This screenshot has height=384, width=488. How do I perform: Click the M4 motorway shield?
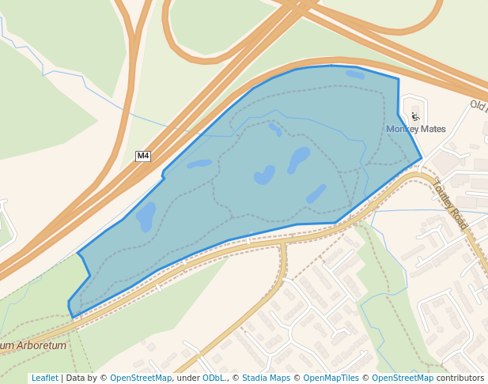click(143, 156)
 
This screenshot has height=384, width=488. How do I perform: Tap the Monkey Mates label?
click(416, 129)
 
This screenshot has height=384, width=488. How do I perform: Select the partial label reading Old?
click(478, 104)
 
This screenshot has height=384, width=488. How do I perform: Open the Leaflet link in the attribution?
click(45, 378)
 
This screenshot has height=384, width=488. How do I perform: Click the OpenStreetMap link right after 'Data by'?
click(141, 378)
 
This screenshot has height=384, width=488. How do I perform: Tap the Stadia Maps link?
click(266, 378)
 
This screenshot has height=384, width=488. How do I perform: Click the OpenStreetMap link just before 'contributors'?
click(403, 378)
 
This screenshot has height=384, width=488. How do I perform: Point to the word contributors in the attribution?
click(460, 378)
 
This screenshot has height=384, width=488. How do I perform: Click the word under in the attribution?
click(187, 378)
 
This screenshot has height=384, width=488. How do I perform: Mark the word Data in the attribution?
click(76, 378)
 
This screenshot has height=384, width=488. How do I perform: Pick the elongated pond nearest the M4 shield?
click(199, 164)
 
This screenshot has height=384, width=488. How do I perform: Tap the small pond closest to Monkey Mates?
click(355, 75)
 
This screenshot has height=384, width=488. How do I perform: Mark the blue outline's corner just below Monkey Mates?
click(421, 158)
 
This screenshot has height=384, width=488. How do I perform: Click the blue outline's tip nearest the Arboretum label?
click(73, 317)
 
